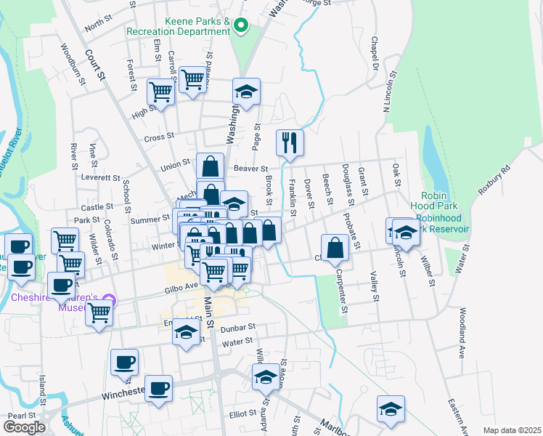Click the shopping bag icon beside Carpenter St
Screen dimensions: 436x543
[335, 248]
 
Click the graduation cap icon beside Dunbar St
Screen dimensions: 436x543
[186, 333]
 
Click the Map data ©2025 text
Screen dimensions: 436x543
[512, 430]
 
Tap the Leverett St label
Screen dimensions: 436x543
[101, 177]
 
